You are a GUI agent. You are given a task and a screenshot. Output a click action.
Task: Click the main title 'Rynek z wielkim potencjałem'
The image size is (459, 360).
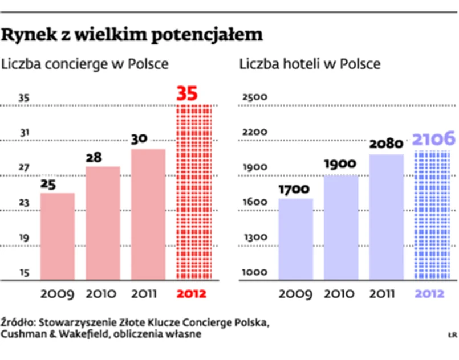(x=132, y=36)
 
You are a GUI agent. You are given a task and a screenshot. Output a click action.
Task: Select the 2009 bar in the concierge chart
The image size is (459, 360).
(x=58, y=236)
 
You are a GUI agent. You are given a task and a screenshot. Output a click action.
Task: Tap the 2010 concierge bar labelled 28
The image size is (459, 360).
(x=103, y=223)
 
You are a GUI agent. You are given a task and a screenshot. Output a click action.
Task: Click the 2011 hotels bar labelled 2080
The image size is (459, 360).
(x=386, y=217)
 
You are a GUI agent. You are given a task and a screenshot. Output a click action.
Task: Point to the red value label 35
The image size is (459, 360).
(x=187, y=93)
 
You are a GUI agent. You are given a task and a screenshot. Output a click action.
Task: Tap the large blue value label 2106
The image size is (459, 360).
(x=434, y=138)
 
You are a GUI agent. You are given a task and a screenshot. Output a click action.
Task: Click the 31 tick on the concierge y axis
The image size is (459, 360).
(x=24, y=133)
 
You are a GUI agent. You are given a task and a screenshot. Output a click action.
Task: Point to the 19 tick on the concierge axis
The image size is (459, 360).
(x=24, y=238)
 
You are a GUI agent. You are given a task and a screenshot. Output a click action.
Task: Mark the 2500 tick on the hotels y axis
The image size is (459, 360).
(x=254, y=97)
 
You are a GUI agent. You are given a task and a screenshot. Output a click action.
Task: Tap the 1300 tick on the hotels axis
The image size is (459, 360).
(x=254, y=238)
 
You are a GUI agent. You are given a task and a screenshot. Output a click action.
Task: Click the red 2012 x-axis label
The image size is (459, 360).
(x=192, y=294)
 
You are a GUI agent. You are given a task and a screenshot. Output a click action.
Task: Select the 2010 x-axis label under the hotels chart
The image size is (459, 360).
(x=340, y=294)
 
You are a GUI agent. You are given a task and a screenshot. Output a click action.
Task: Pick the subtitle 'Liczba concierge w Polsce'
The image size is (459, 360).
(x=86, y=64)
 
